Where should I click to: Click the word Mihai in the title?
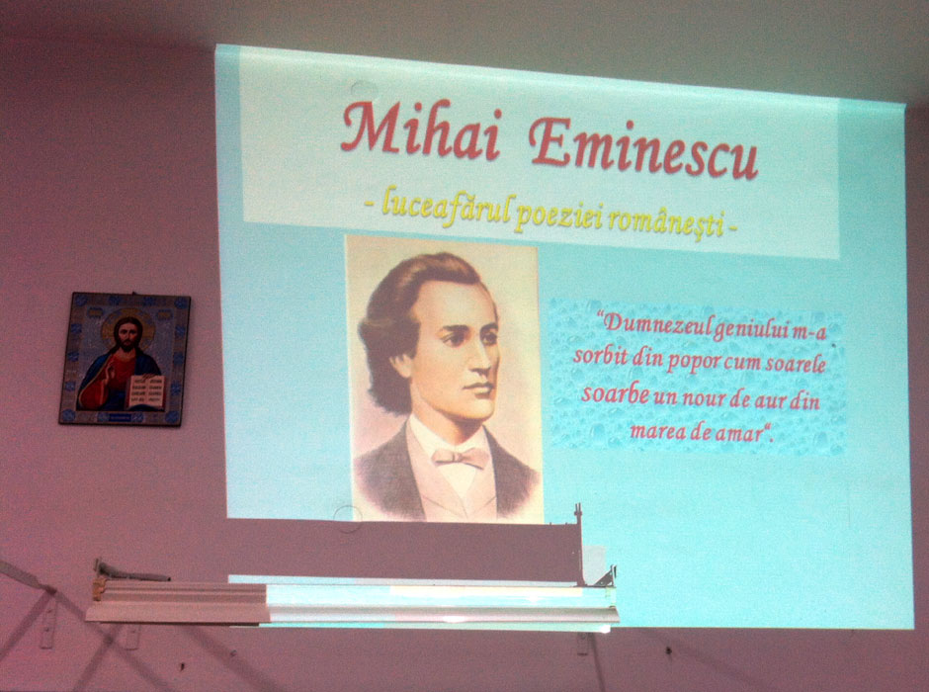[x=422, y=129]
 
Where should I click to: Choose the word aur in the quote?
[x=770, y=400]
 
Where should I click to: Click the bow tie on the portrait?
[x=461, y=457]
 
